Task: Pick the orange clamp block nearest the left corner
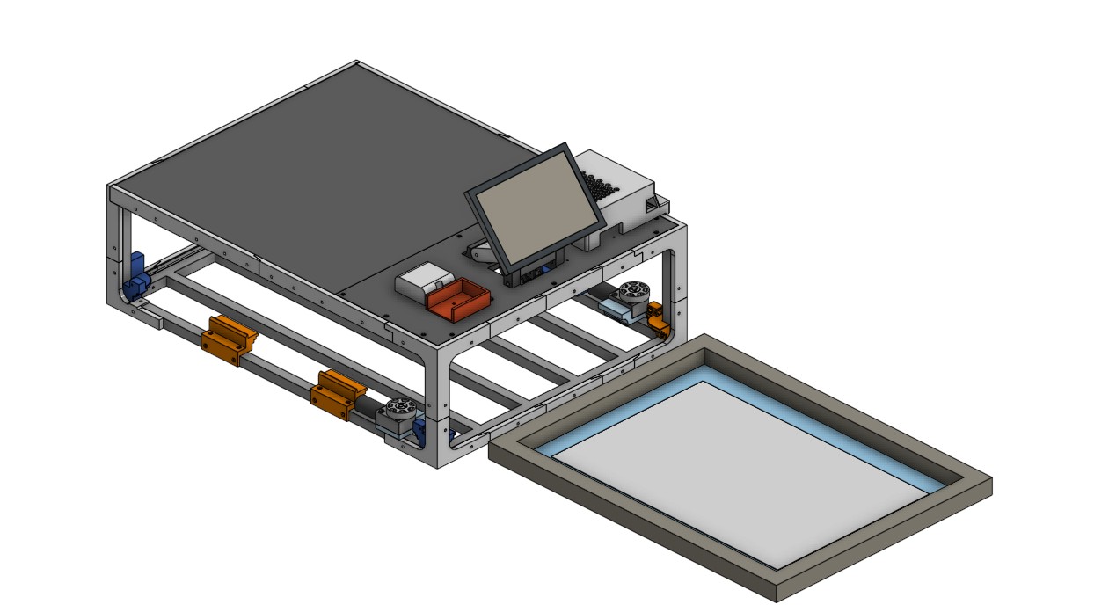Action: click(228, 339)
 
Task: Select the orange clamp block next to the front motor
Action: click(336, 394)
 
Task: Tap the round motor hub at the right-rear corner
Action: click(632, 291)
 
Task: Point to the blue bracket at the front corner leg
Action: click(421, 431)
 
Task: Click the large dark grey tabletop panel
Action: click(308, 185)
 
